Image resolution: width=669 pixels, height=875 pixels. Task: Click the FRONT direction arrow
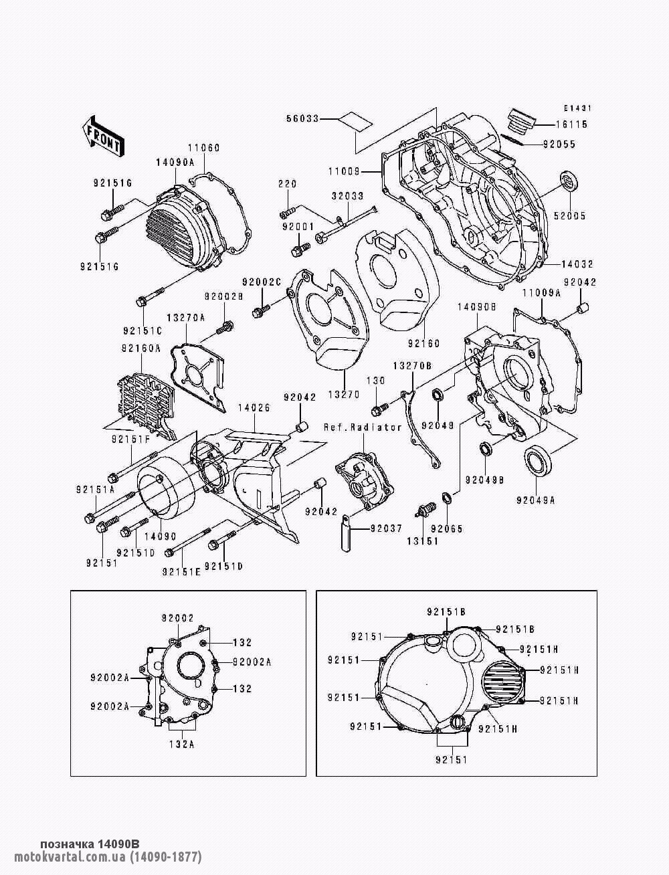pos(103,136)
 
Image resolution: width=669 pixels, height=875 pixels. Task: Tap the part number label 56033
pos(303,118)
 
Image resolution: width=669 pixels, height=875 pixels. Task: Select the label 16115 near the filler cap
pos(572,124)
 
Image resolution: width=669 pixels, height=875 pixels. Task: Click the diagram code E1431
pos(578,108)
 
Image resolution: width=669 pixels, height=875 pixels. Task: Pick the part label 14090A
pos(175,162)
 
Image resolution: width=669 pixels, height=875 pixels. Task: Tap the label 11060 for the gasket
pos(204,148)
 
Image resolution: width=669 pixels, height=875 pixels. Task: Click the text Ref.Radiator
pos(363,427)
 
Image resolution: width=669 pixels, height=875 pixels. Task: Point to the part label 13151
pos(423,541)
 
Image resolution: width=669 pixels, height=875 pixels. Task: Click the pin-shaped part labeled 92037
pos(347,533)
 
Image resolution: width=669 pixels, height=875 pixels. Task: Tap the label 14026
pos(254,407)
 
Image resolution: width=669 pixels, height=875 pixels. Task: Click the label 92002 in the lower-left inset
pos(177,618)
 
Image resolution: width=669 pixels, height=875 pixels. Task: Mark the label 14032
pos(577,264)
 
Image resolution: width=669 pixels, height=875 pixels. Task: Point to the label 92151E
pos(182,572)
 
